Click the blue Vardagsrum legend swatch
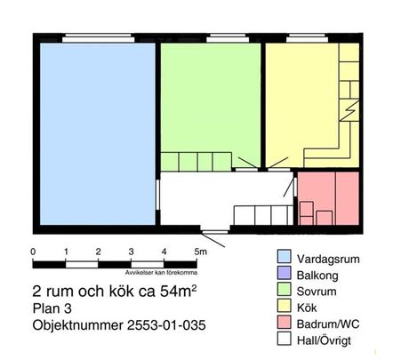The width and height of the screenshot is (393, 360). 285,257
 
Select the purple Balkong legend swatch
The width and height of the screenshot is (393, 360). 285,273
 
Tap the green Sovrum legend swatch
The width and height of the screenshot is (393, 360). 285,289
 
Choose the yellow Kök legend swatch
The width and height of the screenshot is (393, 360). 285,305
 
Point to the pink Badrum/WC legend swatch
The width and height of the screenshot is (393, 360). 285,321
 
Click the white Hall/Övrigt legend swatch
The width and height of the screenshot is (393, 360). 285,338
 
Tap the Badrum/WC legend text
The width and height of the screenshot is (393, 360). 333,322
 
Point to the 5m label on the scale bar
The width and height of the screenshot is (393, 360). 201,252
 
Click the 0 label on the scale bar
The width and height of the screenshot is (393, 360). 33,252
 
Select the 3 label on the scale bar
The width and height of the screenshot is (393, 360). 132,252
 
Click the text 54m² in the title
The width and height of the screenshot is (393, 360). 172,292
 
